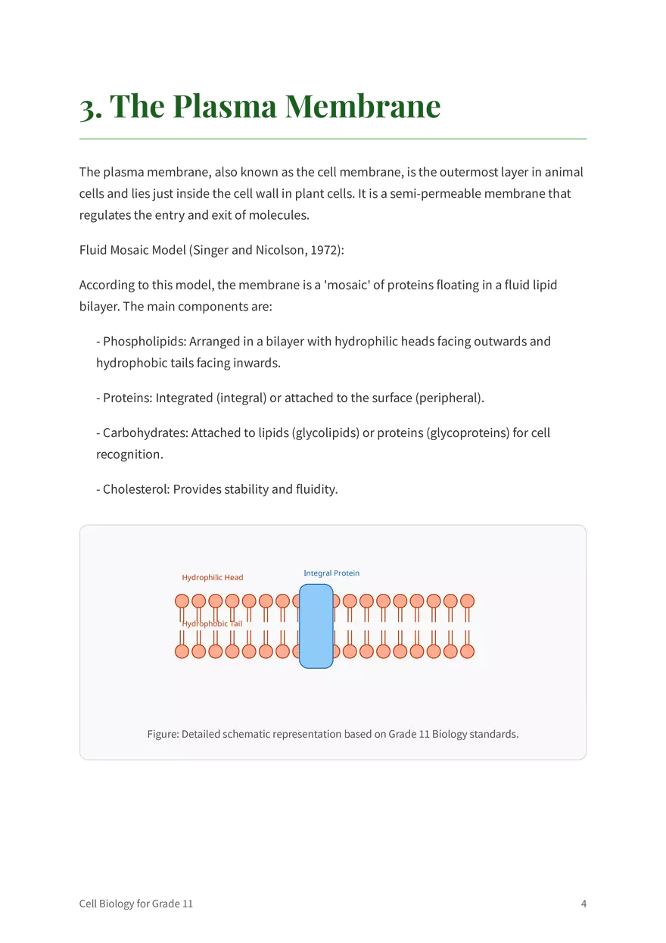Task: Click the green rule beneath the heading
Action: pos(333,139)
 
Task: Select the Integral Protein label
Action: pos(331,573)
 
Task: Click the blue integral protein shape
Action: pos(316,626)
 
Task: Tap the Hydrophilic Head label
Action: pos(213,578)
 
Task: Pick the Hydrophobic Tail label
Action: pos(212,623)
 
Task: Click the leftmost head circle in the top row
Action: pos(182,601)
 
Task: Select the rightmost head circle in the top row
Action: pos(468,601)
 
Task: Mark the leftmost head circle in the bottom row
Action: pos(182,651)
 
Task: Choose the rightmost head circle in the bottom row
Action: pos(468,651)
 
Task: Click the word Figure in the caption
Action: pos(163,735)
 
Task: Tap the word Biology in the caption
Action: pos(452,735)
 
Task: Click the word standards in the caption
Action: pos(496,735)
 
